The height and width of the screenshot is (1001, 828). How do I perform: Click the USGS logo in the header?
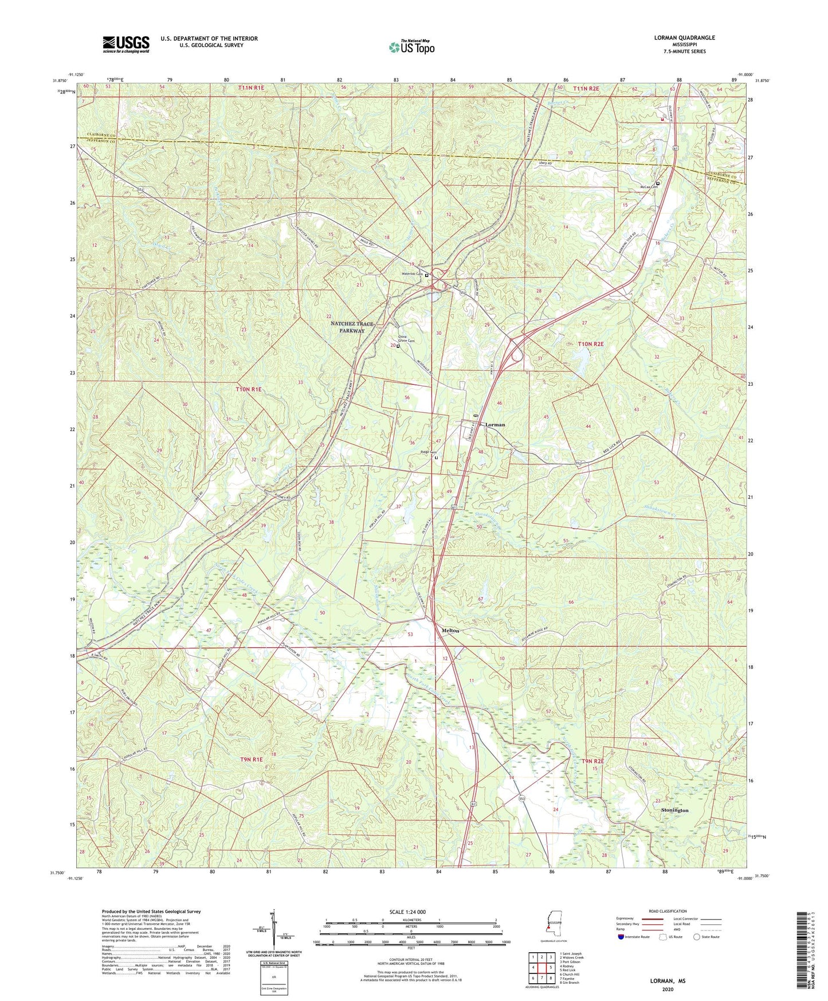[x=126, y=44]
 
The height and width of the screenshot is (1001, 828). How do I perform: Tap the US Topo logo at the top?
[x=411, y=47]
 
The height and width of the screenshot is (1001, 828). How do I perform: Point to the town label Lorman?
[x=495, y=425]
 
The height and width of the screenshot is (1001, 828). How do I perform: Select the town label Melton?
[x=450, y=630]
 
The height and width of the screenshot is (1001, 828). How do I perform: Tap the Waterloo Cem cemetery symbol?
[x=426, y=275]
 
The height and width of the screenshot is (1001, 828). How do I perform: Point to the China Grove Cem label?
[x=406, y=339]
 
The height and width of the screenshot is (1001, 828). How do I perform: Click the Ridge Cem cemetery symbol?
[x=436, y=458]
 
